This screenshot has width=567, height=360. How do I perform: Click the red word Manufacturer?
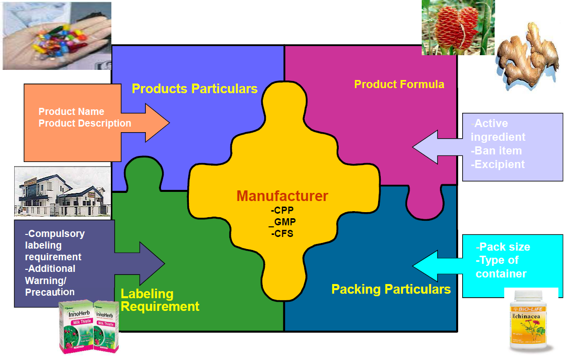pyautogui.click(x=282, y=196)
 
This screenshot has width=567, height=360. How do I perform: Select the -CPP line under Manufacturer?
pyautogui.click(x=282, y=210)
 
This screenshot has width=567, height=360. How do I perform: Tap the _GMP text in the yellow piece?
pyautogui.click(x=282, y=222)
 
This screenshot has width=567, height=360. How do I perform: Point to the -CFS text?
pyautogui.click(x=282, y=233)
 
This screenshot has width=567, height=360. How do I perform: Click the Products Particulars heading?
pyautogui.click(x=194, y=89)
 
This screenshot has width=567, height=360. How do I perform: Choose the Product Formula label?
pyautogui.click(x=399, y=84)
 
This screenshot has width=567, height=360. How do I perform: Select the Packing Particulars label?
pyautogui.click(x=391, y=289)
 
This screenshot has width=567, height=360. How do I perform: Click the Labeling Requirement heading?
pyautogui.click(x=159, y=300)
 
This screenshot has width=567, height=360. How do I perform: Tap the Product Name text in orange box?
pyautogui.click(x=71, y=111)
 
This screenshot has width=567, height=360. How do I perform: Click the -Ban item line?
pyautogui.click(x=496, y=151)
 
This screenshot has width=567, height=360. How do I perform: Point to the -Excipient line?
pyautogui.click(x=498, y=164)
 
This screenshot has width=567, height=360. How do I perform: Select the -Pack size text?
pyautogui.click(x=503, y=247)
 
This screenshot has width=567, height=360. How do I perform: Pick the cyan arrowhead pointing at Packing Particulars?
pyautogui.click(x=425, y=265)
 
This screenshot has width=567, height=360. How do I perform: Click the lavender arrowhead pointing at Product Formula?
pyautogui.click(x=425, y=147)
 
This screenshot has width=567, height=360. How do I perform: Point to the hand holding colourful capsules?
pyautogui.click(x=56, y=35)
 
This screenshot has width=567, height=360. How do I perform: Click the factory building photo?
pyautogui.click(x=62, y=192)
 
